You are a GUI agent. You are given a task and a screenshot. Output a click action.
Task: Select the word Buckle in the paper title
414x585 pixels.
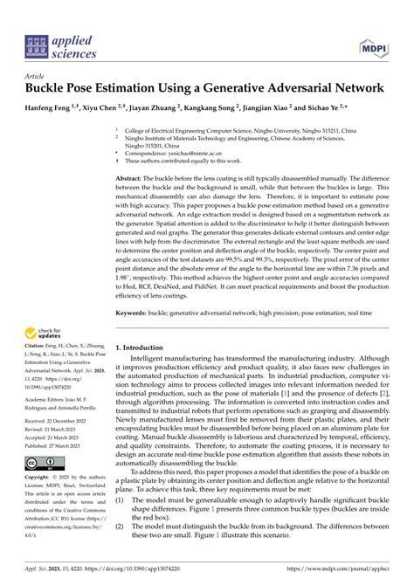pyautogui.click(x=51, y=89)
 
